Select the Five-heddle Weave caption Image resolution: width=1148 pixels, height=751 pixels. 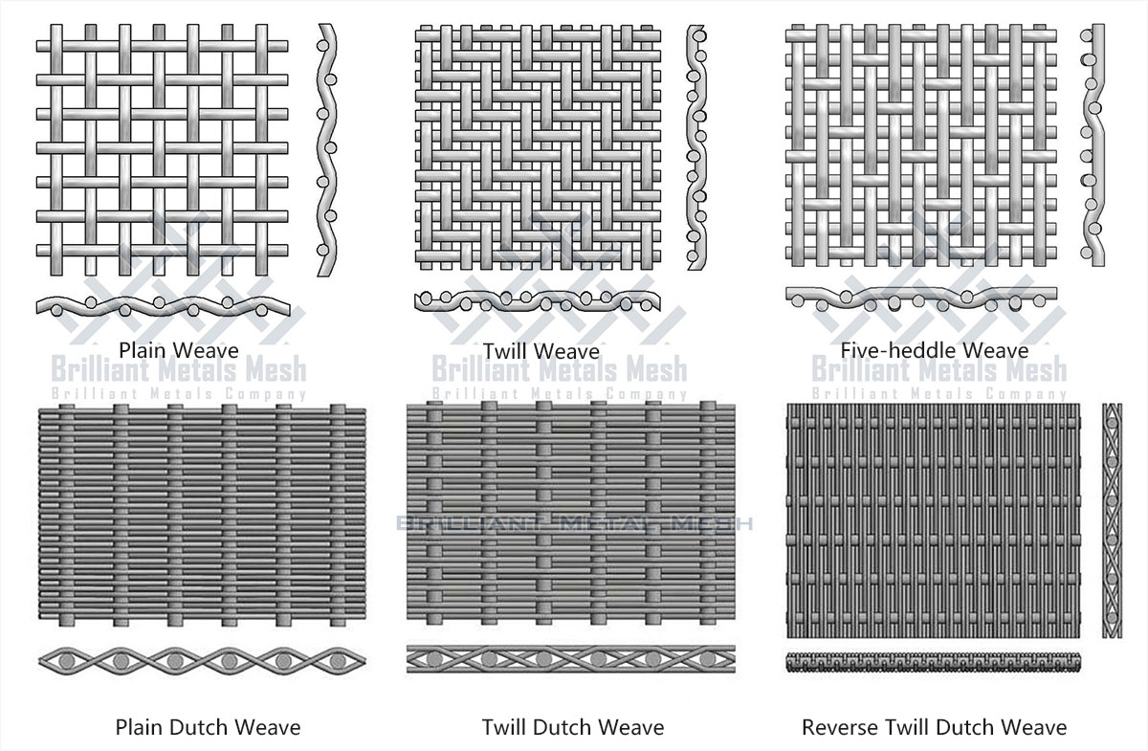[x=934, y=351]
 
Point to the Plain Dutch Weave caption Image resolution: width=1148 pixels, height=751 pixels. [x=208, y=728]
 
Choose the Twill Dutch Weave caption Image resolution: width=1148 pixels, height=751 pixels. [x=572, y=728]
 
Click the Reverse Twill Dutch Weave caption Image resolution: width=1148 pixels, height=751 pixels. [x=934, y=728]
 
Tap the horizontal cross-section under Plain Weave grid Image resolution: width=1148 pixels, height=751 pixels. [x=163, y=303]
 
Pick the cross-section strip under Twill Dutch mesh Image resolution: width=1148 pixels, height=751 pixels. [x=572, y=659]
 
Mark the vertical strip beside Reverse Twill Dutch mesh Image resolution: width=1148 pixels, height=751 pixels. [x=1112, y=521]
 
